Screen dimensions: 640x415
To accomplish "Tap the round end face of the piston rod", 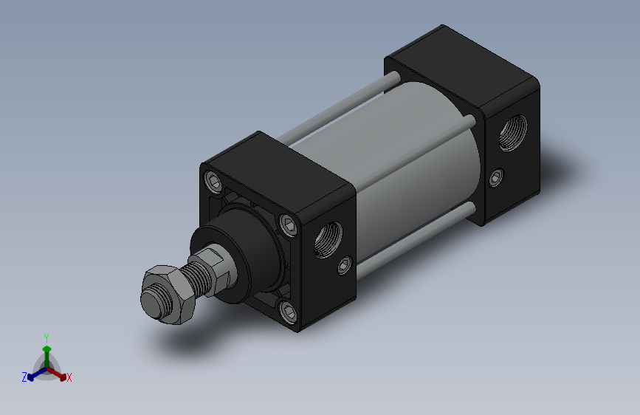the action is (151, 303).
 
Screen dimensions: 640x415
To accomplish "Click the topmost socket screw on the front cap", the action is (214, 182).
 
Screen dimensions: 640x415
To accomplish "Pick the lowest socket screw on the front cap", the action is (289, 312).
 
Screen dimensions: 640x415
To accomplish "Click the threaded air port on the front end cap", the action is (328, 240).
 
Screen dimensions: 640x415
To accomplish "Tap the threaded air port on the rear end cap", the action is (512, 133).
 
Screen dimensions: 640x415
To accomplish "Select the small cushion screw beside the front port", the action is (345, 266).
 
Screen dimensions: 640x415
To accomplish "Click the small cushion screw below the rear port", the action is (496, 178).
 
